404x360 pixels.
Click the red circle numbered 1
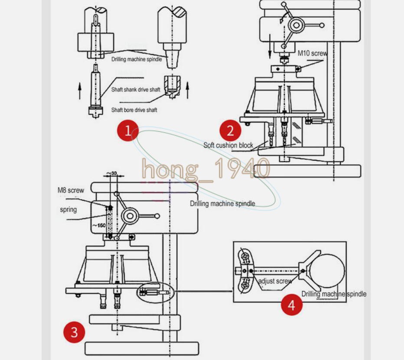(x=128, y=131)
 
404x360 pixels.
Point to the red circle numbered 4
(x=291, y=305)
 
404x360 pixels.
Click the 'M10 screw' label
(x=312, y=53)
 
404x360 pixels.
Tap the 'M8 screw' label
(x=71, y=190)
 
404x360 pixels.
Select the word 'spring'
(x=68, y=210)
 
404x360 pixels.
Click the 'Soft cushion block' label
(x=228, y=145)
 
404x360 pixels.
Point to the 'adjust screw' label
(x=275, y=281)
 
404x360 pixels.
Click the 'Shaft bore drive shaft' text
(x=134, y=110)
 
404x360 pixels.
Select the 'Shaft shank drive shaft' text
(x=136, y=90)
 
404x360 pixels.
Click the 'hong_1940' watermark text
(x=206, y=169)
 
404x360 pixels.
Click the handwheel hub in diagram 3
(x=130, y=216)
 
